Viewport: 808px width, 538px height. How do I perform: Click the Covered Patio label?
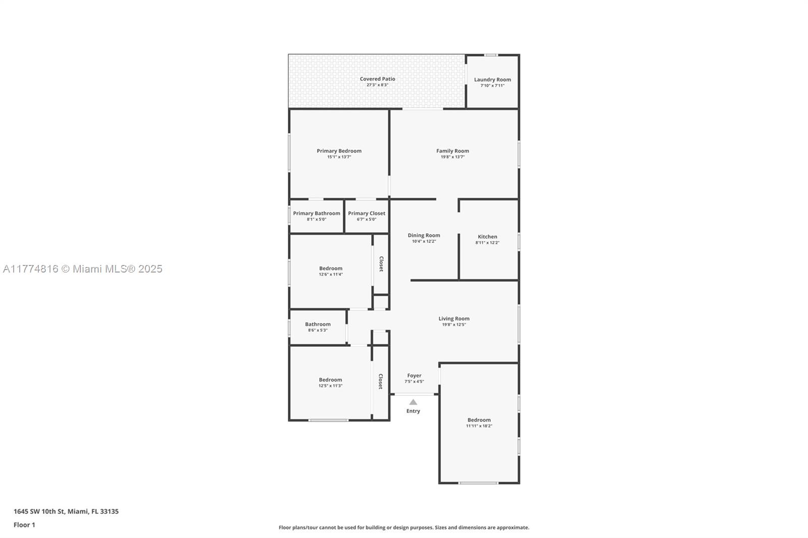(x=377, y=79)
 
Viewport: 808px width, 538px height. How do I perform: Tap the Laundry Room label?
(x=492, y=80)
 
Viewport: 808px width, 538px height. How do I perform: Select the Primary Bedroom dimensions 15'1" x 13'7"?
(x=339, y=157)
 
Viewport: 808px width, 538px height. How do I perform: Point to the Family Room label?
(x=452, y=151)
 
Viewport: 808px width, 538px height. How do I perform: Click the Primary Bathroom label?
(x=317, y=213)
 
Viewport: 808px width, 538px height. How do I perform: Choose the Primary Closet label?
(x=367, y=213)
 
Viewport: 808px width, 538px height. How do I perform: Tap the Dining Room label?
(x=424, y=236)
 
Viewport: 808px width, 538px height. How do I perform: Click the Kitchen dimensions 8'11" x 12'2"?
(x=487, y=243)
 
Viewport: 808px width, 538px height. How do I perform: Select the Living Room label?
(x=454, y=319)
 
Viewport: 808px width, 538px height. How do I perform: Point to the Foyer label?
(x=414, y=375)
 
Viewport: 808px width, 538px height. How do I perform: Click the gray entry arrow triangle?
(x=413, y=402)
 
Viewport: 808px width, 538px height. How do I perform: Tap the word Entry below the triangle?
(x=413, y=411)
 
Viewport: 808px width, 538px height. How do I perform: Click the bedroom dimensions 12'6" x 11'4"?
(x=331, y=275)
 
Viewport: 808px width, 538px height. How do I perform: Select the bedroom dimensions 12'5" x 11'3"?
(x=330, y=386)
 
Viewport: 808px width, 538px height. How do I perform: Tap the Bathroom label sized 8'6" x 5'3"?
(x=318, y=325)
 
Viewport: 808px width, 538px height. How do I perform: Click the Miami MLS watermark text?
(x=83, y=269)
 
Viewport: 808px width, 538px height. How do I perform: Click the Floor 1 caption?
(x=25, y=525)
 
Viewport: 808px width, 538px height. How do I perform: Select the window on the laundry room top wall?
(x=490, y=55)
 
